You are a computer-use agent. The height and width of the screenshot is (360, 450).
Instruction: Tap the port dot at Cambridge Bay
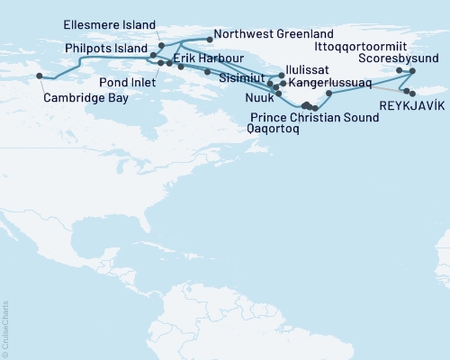point(39,76)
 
